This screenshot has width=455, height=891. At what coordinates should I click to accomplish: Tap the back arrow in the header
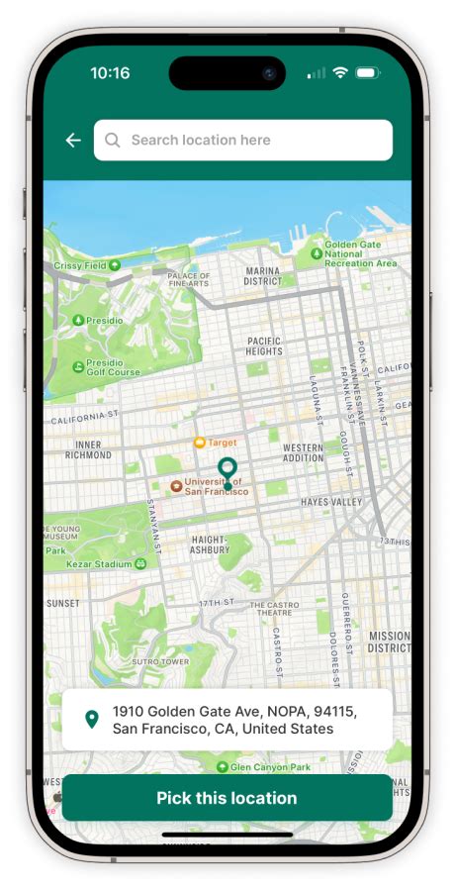click(73, 141)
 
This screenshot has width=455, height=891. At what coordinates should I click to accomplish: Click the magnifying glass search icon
click(113, 141)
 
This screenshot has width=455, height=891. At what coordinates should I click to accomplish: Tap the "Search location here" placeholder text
click(201, 141)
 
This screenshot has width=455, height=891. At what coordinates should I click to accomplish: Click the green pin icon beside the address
click(92, 720)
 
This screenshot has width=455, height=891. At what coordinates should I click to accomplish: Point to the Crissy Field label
click(81, 265)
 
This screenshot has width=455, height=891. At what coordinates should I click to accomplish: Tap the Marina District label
click(263, 275)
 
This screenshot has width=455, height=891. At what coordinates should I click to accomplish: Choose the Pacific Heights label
click(264, 346)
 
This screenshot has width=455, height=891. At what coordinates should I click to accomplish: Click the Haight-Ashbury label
click(210, 544)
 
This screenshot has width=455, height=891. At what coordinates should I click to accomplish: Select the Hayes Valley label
click(331, 503)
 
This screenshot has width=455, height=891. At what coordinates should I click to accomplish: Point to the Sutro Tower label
click(159, 660)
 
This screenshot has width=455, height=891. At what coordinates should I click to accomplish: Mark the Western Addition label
click(303, 452)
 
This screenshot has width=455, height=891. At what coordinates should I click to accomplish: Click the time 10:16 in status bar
click(110, 73)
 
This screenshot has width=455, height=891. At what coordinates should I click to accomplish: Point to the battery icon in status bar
click(368, 73)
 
